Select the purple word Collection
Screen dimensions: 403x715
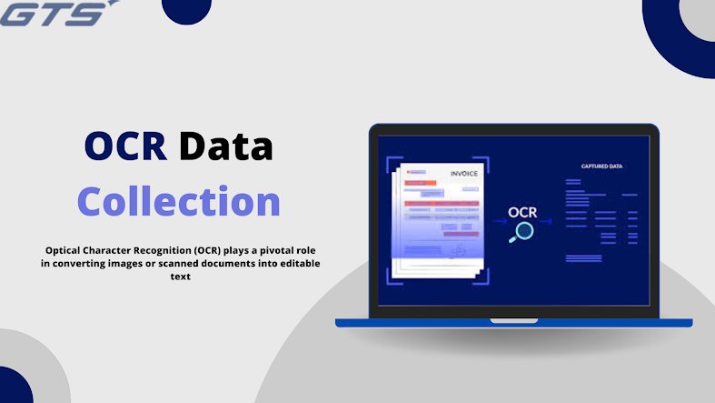[x=178, y=201]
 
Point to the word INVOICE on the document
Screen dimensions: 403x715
[x=463, y=173]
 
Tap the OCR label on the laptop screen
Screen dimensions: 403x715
[x=522, y=212]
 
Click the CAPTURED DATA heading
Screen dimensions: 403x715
[x=601, y=166]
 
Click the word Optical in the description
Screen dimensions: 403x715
[x=67, y=249]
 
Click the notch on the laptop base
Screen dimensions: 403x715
[x=513, y=320]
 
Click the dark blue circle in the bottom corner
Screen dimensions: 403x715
[x=14, y=387]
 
